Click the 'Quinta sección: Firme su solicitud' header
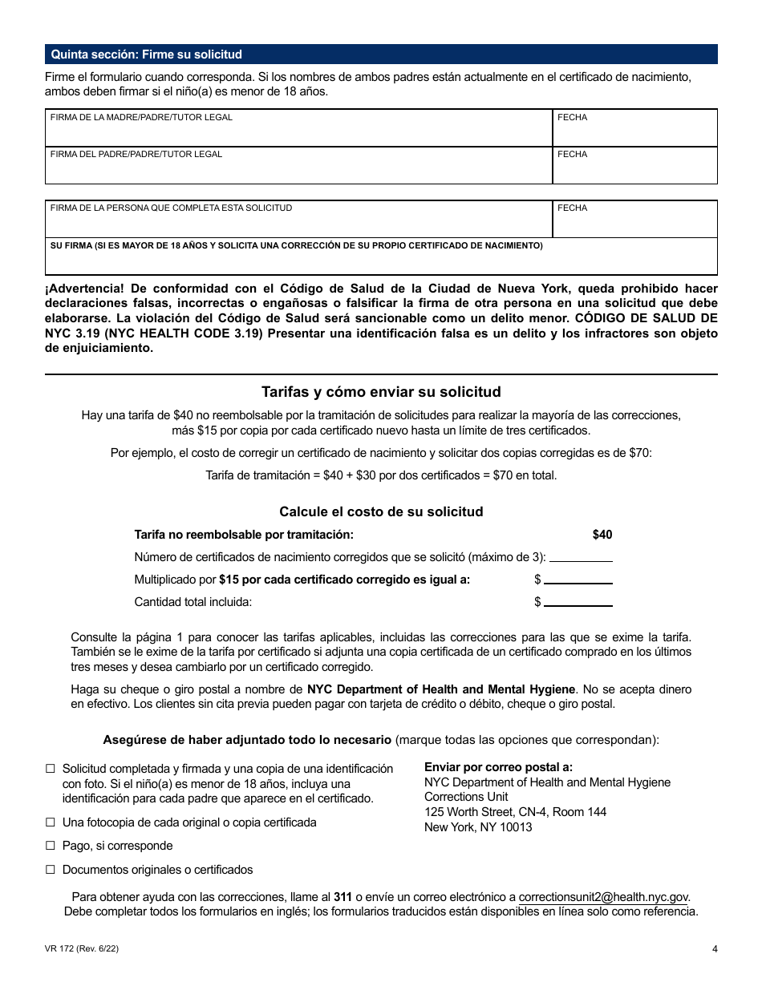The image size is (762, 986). point(146,55)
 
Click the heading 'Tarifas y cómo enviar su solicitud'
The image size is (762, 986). point(381,392)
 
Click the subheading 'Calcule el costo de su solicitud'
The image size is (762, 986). point(381,511)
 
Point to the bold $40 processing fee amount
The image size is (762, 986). point(602,535)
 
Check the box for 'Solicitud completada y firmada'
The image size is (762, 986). point(51,769)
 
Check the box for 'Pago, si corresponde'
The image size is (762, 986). point(51,846)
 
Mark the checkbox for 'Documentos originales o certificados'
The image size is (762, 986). point(51,870)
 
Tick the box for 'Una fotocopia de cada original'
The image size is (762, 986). point(51,822)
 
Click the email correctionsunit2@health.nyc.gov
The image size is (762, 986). point(603,897)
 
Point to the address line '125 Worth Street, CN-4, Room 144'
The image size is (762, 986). point(515,812)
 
